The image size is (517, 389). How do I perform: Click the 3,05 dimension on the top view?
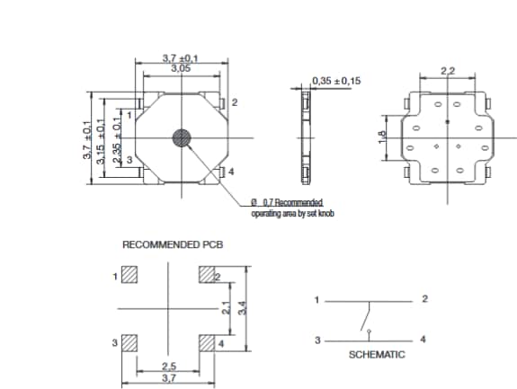(x=181, y=68)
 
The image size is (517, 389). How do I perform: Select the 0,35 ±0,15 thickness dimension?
(x=335, y=81)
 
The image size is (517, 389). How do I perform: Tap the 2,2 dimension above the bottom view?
(x=447, y=70)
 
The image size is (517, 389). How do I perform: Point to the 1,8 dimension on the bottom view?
(x=383, y=137)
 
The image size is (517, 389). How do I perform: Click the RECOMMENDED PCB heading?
(x=173, y=244)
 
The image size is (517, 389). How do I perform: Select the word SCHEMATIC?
(x=377, y=355)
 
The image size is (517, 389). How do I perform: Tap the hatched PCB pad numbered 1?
(x=130, y=274)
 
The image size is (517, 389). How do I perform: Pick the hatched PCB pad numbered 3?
(x=130, y=342)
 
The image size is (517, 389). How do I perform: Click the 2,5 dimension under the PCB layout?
(x=168, y=367)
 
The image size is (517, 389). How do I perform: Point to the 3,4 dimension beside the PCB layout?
(x=241, y=308)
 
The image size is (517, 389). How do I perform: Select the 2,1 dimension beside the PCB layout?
(x=227, y=308)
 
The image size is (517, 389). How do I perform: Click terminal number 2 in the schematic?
(x=424, y=298)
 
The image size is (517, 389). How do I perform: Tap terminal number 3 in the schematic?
(x=316, y=340)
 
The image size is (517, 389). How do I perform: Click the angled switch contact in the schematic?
(x=364, y=319)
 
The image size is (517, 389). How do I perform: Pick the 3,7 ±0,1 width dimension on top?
(x=181, y=58)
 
